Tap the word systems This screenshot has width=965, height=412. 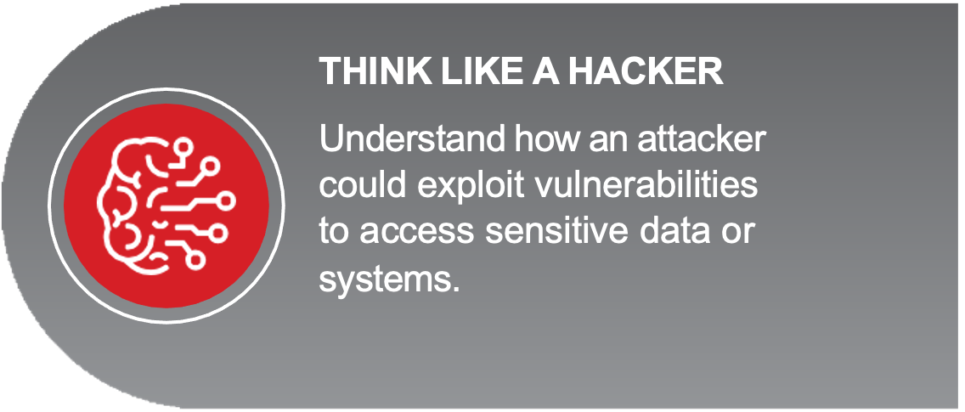click(x=385, y=280)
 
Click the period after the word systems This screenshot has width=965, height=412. click(x=456, y=290)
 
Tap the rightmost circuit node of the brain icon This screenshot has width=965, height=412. click(x=226, y=200)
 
